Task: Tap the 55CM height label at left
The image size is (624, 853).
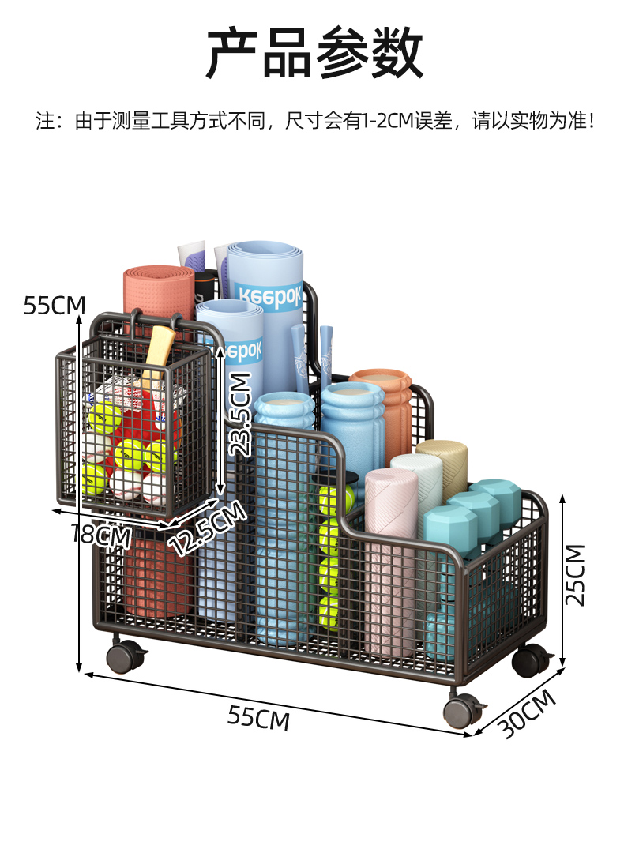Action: click(x=55, y=305)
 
